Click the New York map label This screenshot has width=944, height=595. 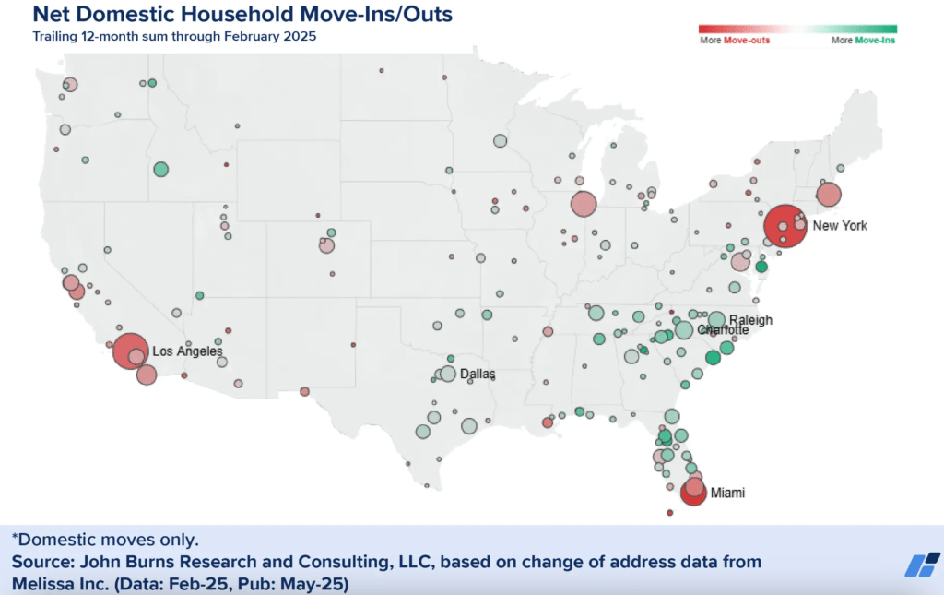(x=840, y=226)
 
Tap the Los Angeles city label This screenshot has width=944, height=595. (x=187, y=351)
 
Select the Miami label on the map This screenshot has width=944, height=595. (x=726, y=494)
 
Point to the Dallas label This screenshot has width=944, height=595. (x=478, y=374)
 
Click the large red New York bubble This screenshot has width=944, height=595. (x=785, y=226)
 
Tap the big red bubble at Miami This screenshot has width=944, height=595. (x=693, y=491)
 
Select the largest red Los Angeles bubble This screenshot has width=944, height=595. (x=130, y=351)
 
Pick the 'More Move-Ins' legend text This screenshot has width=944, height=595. (x=863, y=41)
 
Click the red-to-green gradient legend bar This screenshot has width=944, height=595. (x=797, y=29)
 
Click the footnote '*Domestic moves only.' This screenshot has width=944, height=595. (x=105, y=539)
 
